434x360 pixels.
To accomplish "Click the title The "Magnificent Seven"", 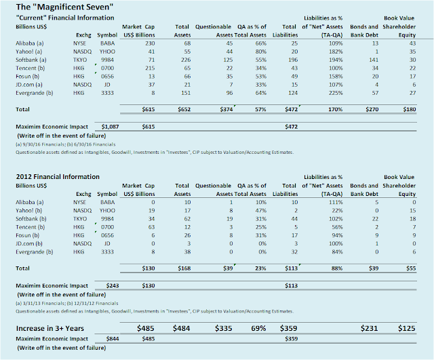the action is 64,7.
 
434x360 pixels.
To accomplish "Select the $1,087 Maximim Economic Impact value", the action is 110,127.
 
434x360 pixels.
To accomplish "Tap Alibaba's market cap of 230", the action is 150,43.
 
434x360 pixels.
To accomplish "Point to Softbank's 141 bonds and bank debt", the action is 374,60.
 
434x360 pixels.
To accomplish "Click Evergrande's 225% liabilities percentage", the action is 336,93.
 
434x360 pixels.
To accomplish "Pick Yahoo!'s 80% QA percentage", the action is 260,52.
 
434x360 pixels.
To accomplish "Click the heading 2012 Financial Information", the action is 58,177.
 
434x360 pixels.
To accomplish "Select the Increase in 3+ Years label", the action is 50,328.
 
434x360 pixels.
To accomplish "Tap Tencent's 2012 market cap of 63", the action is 151,227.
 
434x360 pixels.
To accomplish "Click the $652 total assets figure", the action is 184,109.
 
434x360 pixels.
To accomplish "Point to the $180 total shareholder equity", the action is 410,109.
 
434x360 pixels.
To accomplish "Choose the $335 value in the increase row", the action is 223,328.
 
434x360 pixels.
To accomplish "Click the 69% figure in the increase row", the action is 258,328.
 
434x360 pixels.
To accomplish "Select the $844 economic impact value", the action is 113,339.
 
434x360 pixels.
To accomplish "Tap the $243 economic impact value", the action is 113,286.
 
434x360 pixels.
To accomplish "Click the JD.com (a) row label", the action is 29,85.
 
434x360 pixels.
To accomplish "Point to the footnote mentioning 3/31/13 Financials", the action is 67,304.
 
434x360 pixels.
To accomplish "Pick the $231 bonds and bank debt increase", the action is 369,328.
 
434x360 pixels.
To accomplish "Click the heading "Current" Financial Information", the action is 65,18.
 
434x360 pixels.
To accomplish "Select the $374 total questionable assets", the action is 226,109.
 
